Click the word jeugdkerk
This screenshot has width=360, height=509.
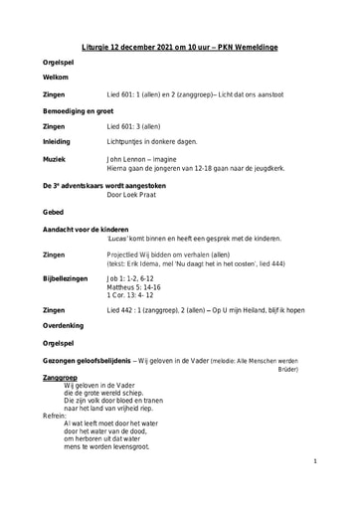266,169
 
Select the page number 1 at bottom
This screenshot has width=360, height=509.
341,461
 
